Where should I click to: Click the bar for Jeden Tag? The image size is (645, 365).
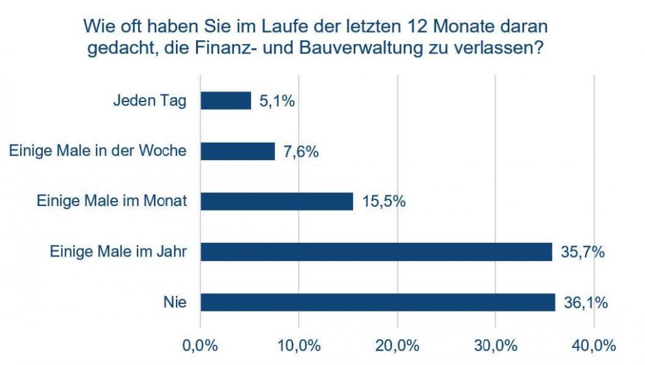[226, 101]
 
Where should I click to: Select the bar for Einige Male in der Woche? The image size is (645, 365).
[238, 151]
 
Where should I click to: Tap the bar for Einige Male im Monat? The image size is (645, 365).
[277, 202]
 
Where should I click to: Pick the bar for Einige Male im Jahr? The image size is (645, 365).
[376, 252]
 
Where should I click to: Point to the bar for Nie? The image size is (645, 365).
[378, 303]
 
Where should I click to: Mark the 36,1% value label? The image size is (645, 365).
[585, 303]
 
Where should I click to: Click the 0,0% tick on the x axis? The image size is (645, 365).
[200, 345]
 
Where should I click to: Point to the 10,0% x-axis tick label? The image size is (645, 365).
[299, 345]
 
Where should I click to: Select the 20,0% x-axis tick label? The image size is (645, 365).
[398, 345]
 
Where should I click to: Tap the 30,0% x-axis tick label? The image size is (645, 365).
[496, 345]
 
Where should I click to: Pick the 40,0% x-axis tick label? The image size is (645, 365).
[595, 345]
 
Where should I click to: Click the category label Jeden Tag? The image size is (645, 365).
[149, 101]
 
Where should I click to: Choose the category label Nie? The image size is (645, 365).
[175, 303]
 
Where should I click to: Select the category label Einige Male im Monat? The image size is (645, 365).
[112, 202]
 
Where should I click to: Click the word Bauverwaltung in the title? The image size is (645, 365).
[381, 50]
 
